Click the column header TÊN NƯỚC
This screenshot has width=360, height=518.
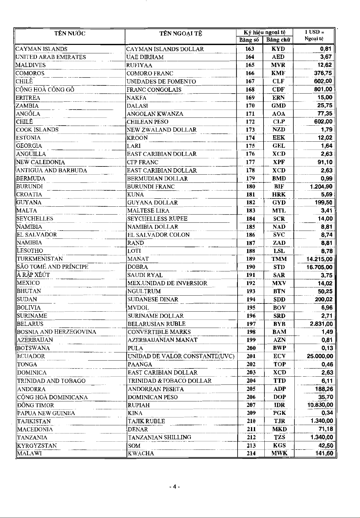[x=70, y=34]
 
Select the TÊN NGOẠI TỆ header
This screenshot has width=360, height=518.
[x=180, y=34]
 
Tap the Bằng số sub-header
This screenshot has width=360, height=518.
[x=249, y=40]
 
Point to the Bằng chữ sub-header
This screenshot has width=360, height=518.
[x=278, y=40]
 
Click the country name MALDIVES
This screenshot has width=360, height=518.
[x=31, y=65]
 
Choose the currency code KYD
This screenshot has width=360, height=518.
[x=278, y=49]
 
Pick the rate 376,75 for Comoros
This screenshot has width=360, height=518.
[x=323, y=73]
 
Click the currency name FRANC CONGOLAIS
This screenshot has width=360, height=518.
[x=154, y=89]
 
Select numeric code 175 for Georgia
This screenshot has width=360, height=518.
[x=250, y=146]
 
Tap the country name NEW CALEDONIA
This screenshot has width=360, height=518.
[x=41, y=162]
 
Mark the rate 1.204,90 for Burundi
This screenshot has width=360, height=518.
[x=321, y=187]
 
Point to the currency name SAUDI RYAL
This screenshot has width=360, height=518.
[x=145, y=275]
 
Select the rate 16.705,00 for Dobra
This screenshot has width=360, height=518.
[x=319, y=267]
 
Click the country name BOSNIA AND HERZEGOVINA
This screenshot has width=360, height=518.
[x=57, y=332]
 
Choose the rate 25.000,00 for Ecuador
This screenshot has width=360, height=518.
[x=320, y=356]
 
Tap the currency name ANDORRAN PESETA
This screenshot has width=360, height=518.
[x=156, y=389]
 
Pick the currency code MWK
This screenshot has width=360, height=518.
[x=279, y=453]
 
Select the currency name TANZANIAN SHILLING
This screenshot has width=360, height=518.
[x=160, y=437]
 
